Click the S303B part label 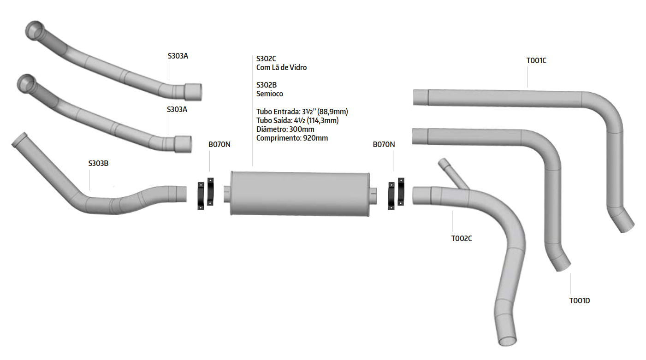coord(98,164)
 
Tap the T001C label coord(536,60)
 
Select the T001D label coord(580,301)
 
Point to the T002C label coord(462,238)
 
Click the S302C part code coord(266,59)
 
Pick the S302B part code coord(266,85)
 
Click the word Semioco coord(270,94)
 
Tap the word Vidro coord(298,67)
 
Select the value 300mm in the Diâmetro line coord(302,129)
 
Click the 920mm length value coord(315,138)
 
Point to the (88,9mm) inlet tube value coord(332,112)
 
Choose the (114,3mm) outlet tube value coord(323,120)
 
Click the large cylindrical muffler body coord(300,194)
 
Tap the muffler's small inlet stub coord(227,194)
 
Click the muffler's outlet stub coord(373,196)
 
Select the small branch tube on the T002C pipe coord(452,173)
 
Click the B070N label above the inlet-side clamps coord(219,144)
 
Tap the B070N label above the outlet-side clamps coord(384,144)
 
